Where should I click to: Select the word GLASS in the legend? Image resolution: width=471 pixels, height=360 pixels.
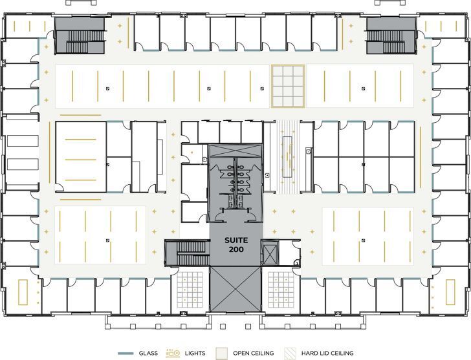[149, 353]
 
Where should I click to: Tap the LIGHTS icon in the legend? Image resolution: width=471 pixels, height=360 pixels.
[173, 353]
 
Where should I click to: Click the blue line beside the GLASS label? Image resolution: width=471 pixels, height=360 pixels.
[126, 353]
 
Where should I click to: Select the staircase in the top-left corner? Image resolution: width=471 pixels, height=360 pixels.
[79, 36]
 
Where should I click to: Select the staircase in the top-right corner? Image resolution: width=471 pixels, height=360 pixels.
[391, 36]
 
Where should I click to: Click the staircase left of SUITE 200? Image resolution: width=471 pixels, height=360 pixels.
[187, 253]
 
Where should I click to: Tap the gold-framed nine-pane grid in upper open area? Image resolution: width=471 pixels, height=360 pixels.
[287, 85]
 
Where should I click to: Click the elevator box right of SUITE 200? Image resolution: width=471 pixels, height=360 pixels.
[270, 251]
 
